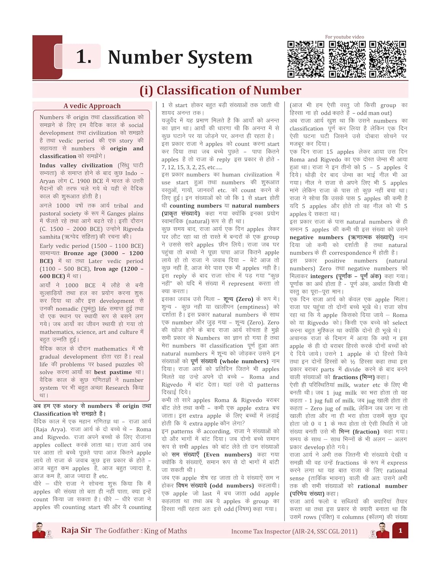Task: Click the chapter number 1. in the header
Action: [84, 57]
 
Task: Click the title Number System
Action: [180, 57]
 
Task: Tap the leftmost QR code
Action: [306, 59]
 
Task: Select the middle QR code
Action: [347, 59]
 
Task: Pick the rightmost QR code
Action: [388, 59]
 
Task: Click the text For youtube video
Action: [344, 37]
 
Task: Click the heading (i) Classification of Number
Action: [220, 91]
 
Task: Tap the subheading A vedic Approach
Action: [92, 106]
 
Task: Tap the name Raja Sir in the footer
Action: [76, 530]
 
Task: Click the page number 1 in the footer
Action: [400, 530]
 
